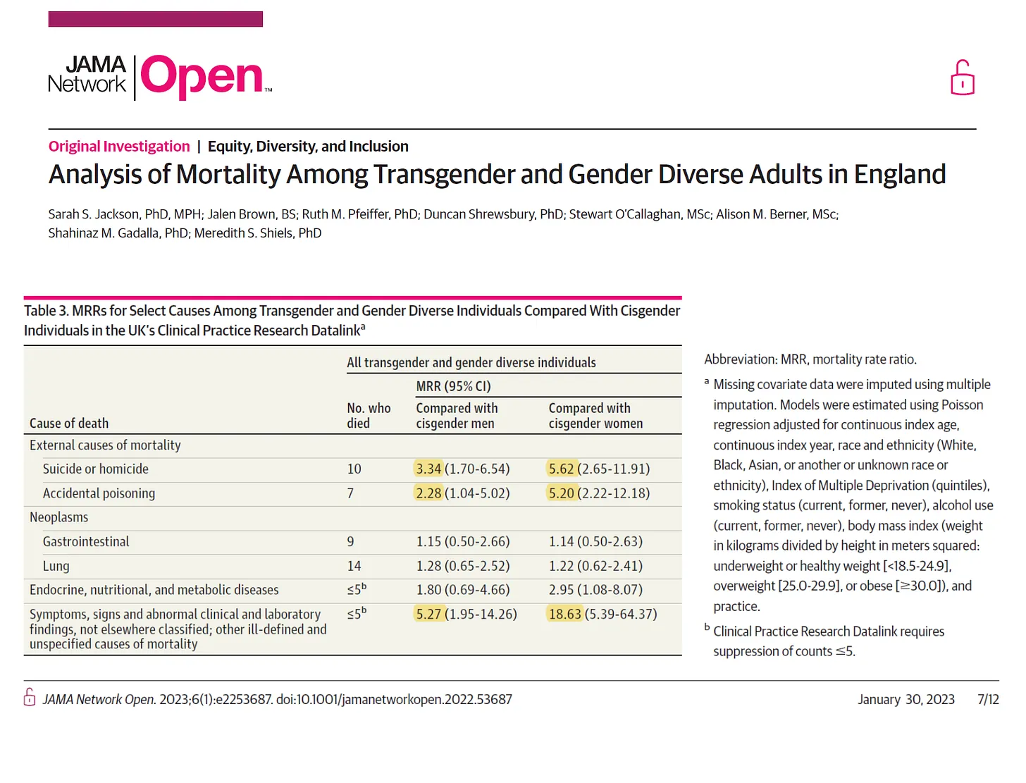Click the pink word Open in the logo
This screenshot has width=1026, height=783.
click(x=202, y=76)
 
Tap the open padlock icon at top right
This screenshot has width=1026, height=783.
click(x=962, y=78)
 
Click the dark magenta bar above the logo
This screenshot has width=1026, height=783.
click(x=155, y=19)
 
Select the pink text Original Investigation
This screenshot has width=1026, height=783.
click(x=119, y=147)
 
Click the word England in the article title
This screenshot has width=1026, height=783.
click(x=900, y=175)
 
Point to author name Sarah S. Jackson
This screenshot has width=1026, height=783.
click(x=94, y=214)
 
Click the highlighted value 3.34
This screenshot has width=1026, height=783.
click(x=428, y=469)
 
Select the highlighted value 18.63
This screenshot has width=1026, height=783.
click(x=565, y=614)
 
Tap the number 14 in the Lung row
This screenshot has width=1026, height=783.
click(x=354, y=566)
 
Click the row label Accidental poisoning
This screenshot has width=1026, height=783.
click(x=99, y=493)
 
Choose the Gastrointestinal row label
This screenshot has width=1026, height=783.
click(x=86, y=541)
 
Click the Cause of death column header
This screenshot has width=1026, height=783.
click(x=69, y=423)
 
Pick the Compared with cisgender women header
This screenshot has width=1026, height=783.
click(x=595, y=416)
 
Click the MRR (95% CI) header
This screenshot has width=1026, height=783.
click(x=453, y=386)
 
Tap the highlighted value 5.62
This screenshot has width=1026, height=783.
click(x=562, y=469)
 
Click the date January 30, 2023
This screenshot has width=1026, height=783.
click(x=906, y=699)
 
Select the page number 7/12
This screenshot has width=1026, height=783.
click(x=988, y=699)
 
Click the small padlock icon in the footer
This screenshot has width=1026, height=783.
click(x=30, y=698)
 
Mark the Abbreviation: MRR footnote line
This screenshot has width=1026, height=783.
click(x=810, y=359)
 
